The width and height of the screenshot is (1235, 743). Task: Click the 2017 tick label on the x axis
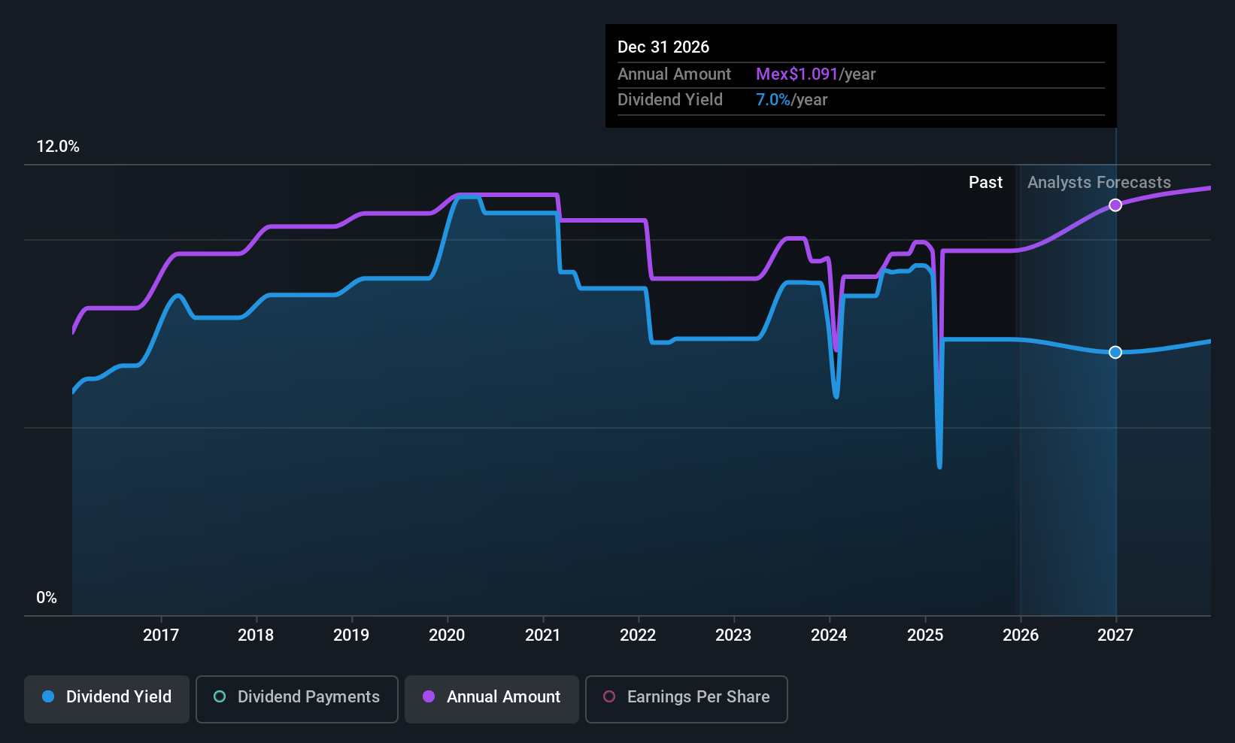[x=161, y=635]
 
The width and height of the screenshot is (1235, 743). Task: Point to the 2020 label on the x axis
[x=447, y=635]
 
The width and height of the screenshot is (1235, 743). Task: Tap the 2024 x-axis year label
[x=829, y=635]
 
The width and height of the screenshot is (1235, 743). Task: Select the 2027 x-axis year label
[x=1115, y=635]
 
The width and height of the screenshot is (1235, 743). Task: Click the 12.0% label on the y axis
[x=58, y=147]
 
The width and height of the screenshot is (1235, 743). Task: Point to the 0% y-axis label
[x=47, y=598]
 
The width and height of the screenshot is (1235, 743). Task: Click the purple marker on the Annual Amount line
[x=1115, y=205]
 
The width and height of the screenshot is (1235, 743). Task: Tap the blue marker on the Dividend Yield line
[x=1115, y=353]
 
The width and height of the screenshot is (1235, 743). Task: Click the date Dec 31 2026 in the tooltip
[x=663, y=47]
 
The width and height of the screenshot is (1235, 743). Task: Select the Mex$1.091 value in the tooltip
[x=797, y=74]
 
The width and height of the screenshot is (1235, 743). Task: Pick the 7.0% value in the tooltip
[x=772, y=100]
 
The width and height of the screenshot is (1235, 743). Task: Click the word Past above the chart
[x=985, y=183]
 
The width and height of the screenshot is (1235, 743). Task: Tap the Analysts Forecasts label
[x=1099, y=183]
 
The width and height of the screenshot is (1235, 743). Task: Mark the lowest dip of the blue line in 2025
[x=939, y=467]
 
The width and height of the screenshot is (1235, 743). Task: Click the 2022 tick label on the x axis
[x=638, y=635]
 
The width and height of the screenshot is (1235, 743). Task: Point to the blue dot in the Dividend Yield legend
[x=48, y=697]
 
